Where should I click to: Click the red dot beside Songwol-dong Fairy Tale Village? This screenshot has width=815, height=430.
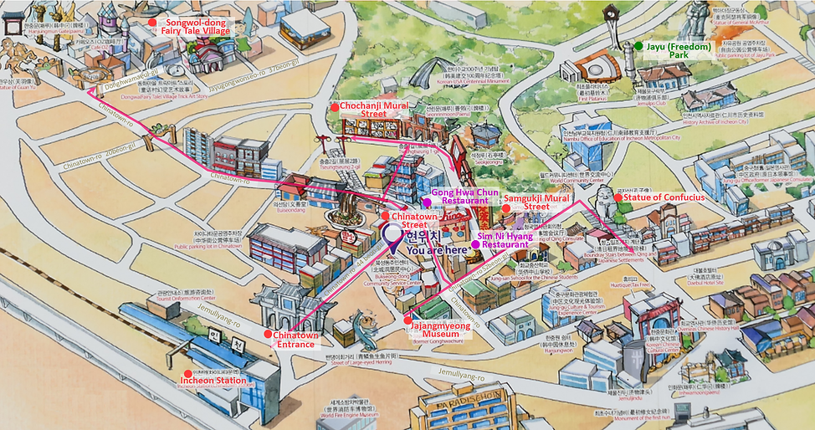[151, 22]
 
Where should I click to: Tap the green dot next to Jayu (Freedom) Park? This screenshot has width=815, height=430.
[638, 46]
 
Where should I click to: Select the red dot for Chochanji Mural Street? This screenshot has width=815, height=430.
[334, 106]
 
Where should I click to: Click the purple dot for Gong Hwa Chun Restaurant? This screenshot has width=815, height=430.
[427, 202]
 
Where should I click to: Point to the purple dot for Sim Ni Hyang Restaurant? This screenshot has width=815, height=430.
[475, 244]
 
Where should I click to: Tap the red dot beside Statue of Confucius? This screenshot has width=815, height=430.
[618, 197]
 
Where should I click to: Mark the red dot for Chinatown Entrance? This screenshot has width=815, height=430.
[268, 335]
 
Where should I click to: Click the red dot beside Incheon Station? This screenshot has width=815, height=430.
[185, 374]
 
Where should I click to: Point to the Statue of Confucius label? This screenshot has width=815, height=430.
[664, 197]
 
